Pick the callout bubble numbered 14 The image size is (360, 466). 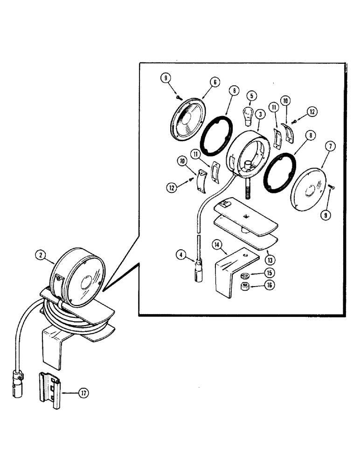coord(217,244)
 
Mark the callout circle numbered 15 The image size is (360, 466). coord(270,272)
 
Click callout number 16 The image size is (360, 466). coord(270,285)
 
